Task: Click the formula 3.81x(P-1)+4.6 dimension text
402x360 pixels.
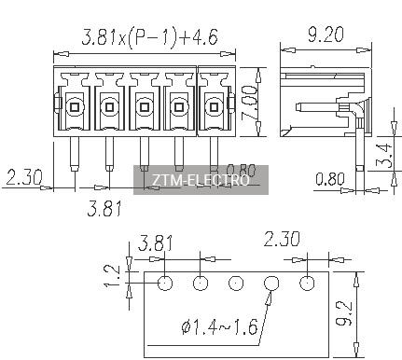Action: (149, 37)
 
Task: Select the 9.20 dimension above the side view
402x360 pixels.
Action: (326, 35)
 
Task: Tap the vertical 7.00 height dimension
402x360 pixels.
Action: (249, 103)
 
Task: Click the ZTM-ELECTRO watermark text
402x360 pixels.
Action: (201, 180)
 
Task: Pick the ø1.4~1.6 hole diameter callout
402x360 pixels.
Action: (219, 327)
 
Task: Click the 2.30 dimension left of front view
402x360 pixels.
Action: (24, 177)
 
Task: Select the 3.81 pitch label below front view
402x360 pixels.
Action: (104, 208)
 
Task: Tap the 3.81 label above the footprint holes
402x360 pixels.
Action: (155, 242)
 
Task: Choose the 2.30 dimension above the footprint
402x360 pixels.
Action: (282, 239)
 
